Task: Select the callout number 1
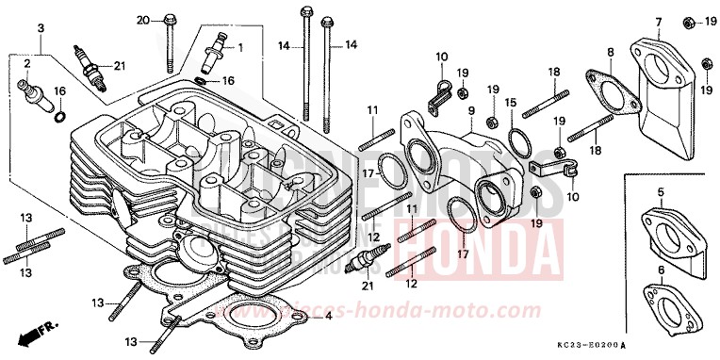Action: (239, 46)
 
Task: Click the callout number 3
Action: (41, 29)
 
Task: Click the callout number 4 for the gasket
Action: (328, 316)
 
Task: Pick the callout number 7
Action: (659, 22)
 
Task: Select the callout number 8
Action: (611, 52)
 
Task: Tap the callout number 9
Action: (469, 111)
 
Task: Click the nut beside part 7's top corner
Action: (687, 21)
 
